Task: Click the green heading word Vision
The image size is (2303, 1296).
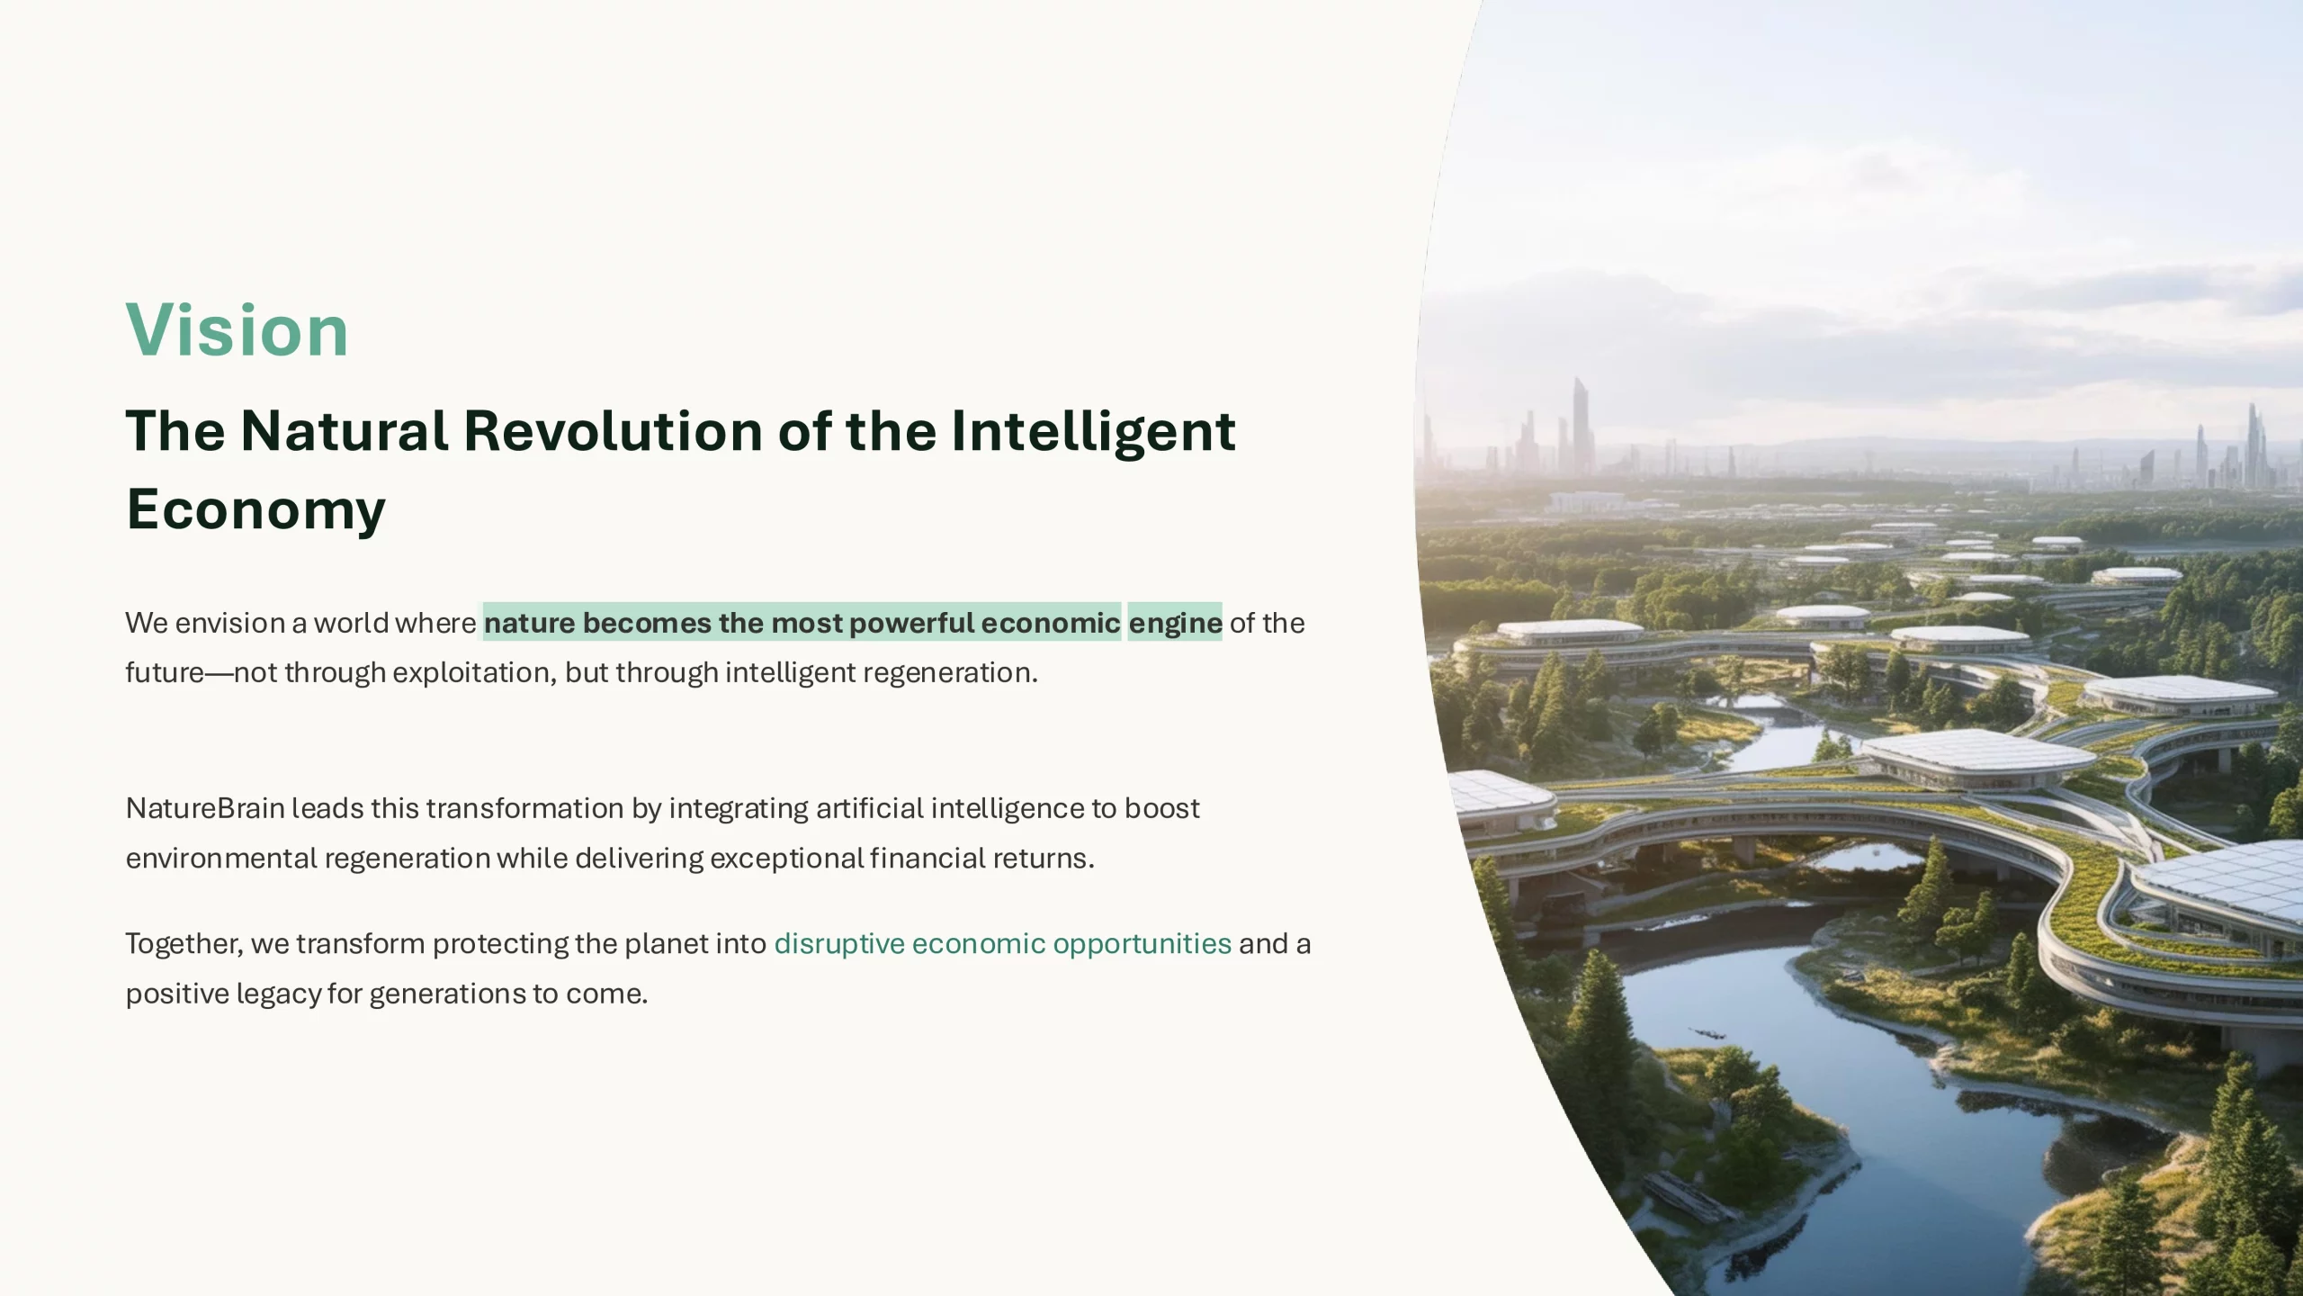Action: tap(237, 330)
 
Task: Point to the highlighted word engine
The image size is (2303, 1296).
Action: tap(1175, 623)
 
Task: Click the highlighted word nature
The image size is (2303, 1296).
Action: tap(529, 623)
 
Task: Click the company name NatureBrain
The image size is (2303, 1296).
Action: tap(205, 808)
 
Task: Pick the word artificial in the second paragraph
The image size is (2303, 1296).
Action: tap(869, 808)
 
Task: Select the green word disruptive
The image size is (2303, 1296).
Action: tap(839, 944)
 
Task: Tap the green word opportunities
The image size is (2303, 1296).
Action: tap(1142, 944)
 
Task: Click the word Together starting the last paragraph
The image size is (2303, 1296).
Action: tap(184, 944)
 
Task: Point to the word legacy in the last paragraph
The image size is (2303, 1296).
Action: tap(279, 994)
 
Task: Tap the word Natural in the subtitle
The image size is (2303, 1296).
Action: tap(344, 431)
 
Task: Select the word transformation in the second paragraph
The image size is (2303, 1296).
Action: tap(524, 808)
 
